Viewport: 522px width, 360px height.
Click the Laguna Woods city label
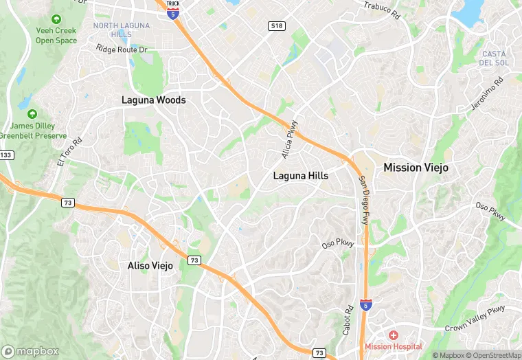click(x=153, y=100)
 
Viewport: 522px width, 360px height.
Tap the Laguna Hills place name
click(x=301, y=176)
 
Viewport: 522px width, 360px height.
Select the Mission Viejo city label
click(x=416, y=168)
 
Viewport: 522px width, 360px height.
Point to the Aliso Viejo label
click(x=150, y=266)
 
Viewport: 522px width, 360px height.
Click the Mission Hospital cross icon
click(x=394, y=335)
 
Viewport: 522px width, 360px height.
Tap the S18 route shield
click(x=276, y=26)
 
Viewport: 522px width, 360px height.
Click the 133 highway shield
click(x=6, y=156)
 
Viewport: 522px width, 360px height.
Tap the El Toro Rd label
click(x=69, y=152)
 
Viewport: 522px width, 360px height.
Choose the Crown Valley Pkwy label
click(x=475, y=320)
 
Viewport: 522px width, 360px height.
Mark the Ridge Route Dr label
click(x=122, y=49)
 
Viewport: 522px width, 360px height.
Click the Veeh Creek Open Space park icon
click(x=56, y=20)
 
